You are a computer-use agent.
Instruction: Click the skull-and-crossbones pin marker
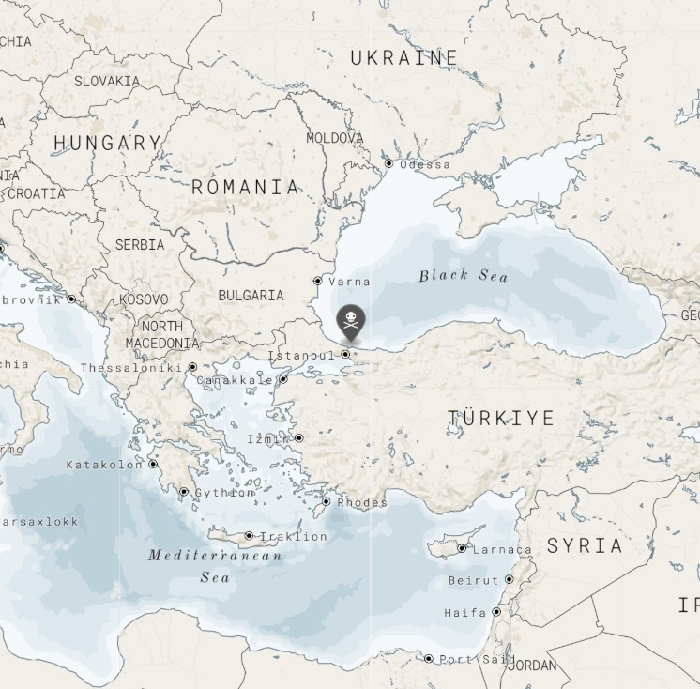pos(351,321)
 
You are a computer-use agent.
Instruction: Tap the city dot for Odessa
pos(389,163)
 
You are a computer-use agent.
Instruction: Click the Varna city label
pos(349,281)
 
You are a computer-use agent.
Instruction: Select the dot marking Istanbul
pos(346,354)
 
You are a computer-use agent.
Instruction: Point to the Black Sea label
pos(464,275)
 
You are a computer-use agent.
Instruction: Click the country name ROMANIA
pos(246,187)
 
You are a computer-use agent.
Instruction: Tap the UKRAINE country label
pos(404,58)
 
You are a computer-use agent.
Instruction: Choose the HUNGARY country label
pos(107,143)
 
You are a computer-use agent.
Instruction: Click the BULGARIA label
pos(251,295)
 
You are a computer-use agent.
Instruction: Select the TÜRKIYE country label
pos(501,418)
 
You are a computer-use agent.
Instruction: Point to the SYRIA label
pos(585,545)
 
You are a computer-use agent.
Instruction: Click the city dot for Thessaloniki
pos(193,367)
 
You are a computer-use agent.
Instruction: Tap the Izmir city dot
pos(299,437)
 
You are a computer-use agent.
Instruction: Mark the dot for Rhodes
pos(327,501)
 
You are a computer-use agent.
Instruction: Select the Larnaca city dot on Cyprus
pos(462,548)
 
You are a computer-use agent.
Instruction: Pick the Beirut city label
pos(474,580)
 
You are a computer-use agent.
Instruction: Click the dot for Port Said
pos(429,659)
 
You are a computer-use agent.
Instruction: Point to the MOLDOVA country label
pos(335,138)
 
